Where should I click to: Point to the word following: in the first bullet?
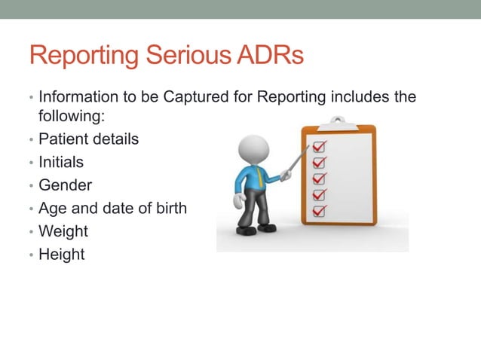pos(69,117)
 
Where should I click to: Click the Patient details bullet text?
pos(88,139)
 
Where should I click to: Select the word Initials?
pos(61,162)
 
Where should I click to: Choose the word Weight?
pos(63,231)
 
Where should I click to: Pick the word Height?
pos(62,255)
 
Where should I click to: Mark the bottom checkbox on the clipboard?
pos(320,212)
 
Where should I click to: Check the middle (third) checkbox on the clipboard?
pos(320,178)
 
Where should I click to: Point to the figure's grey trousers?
pos(254,209)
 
